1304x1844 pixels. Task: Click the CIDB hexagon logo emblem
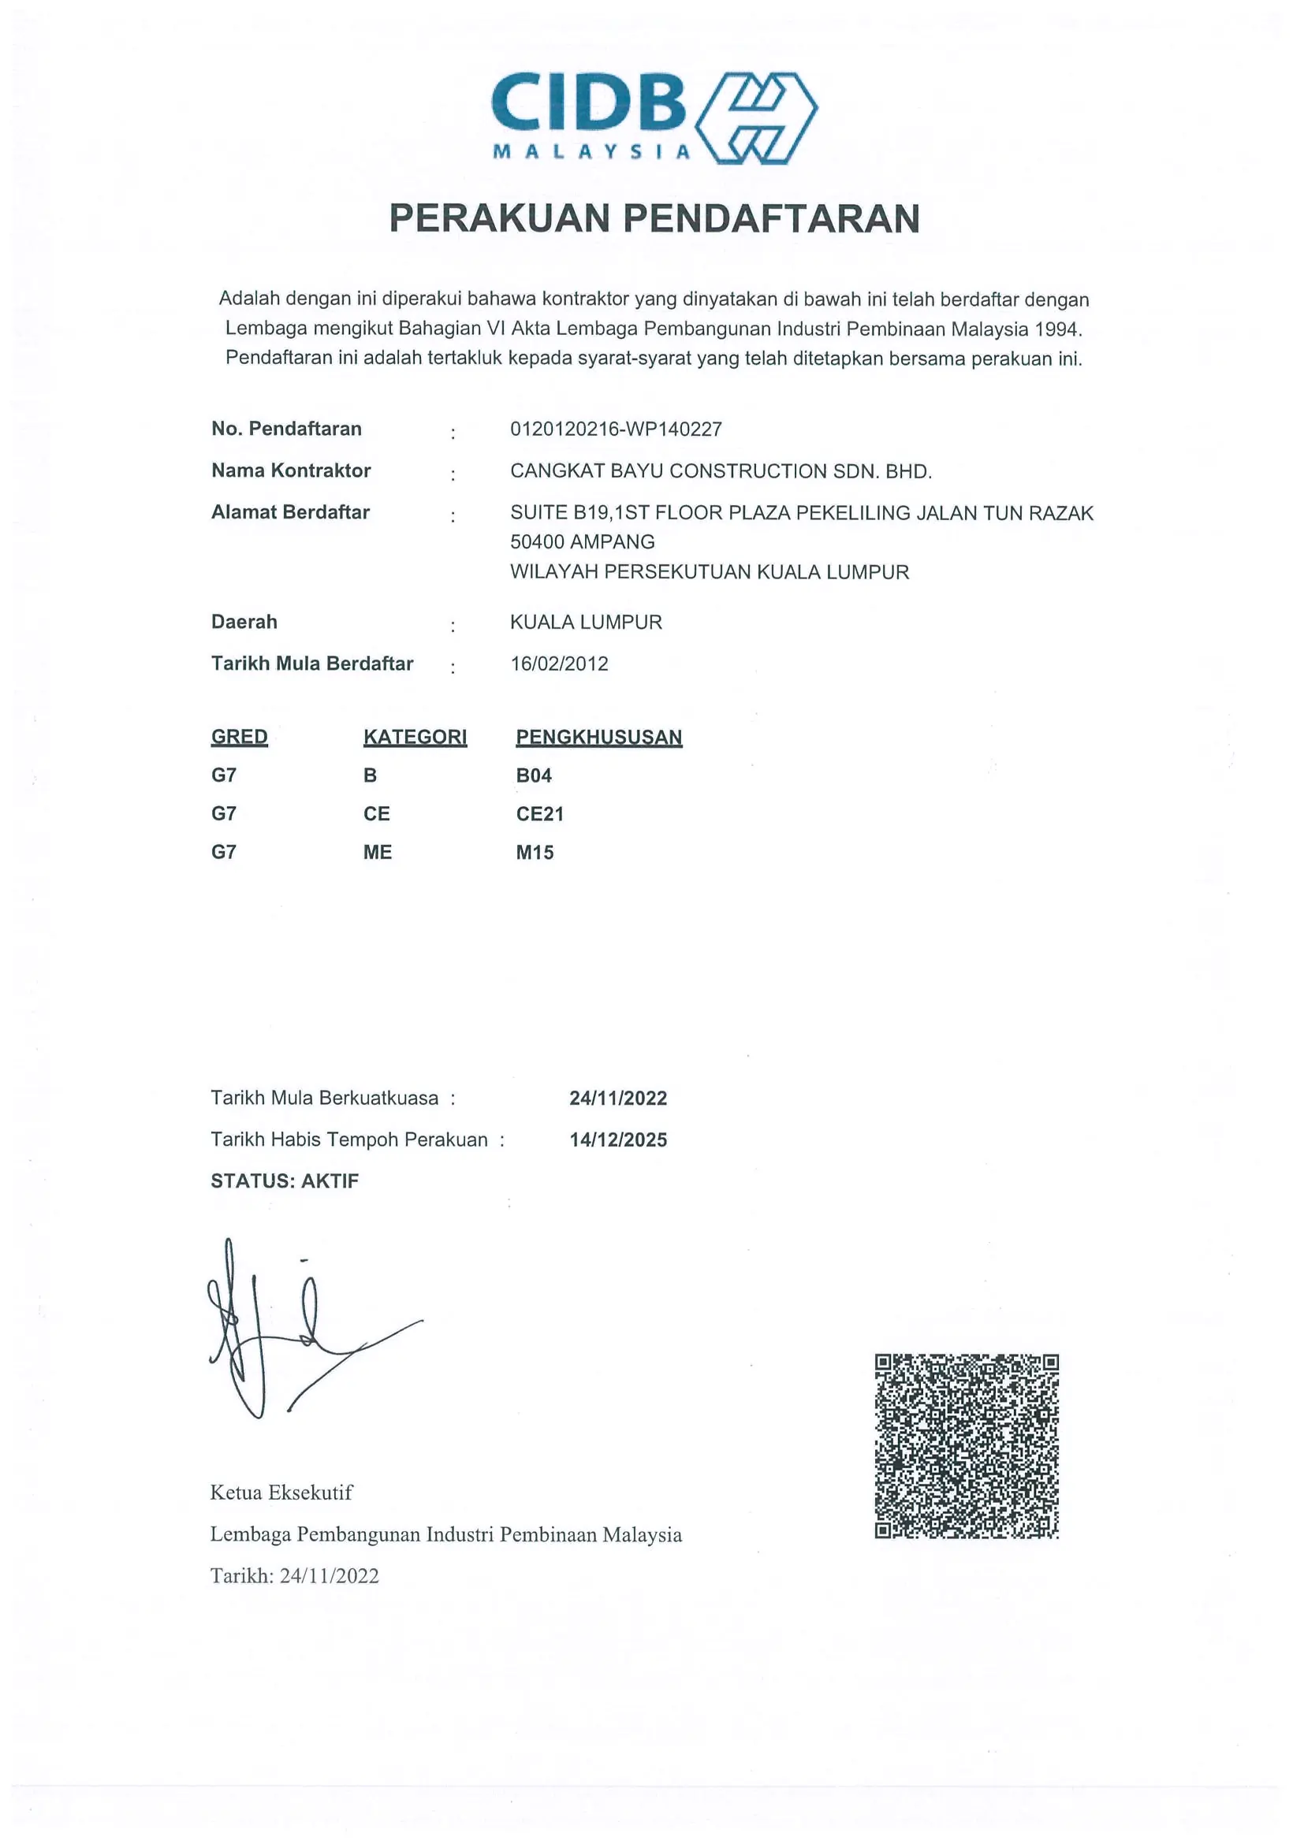(756, 118)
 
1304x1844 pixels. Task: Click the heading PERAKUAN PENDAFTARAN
(654, 218)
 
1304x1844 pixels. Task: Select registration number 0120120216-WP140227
(616, 429)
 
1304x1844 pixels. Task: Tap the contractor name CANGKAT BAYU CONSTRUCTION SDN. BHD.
(721, 471)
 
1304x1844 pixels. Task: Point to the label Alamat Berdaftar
(290, 512)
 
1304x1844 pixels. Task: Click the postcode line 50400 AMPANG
(582, 542)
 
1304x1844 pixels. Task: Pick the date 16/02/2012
(559, 664)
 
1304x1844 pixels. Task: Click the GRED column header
(239, 738)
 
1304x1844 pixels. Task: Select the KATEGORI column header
(415, 738)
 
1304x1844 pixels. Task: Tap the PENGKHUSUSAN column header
(598, 738)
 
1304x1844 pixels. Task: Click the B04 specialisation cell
(534, 776)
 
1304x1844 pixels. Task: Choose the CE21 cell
(539, 814)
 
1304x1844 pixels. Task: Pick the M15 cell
(535, 853)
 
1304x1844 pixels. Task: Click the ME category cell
(377, 853)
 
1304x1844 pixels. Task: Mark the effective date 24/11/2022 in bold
(618, 1099)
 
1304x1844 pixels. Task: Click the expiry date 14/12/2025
(618, 1140)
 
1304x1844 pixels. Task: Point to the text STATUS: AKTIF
(285, 1181)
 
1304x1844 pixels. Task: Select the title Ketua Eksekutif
(281, 1493)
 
